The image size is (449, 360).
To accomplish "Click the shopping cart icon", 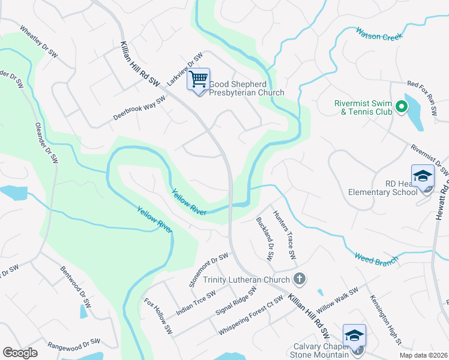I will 199,79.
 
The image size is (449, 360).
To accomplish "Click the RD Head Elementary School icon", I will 423,177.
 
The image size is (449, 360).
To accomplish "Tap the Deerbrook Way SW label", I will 139,109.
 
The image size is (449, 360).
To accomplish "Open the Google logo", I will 20,352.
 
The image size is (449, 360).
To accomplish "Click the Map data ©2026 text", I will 423,355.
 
